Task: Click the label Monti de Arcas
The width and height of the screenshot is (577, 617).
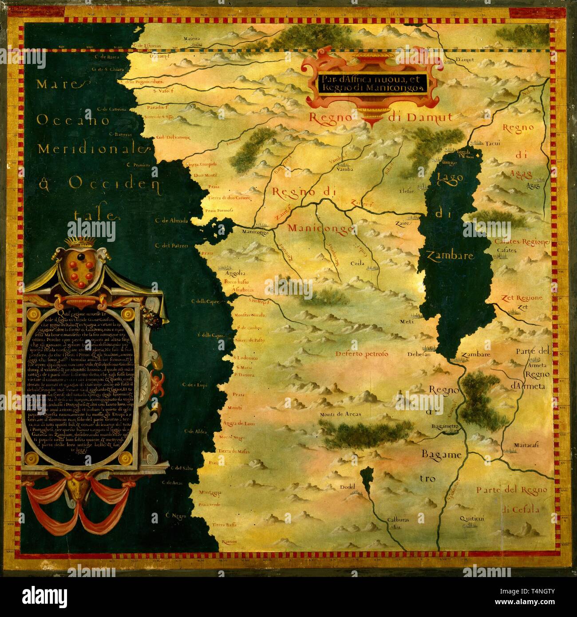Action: (340, 414)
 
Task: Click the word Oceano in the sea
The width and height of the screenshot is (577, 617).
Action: (73, 119)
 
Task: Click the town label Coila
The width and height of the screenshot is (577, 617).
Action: (357, 263)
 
